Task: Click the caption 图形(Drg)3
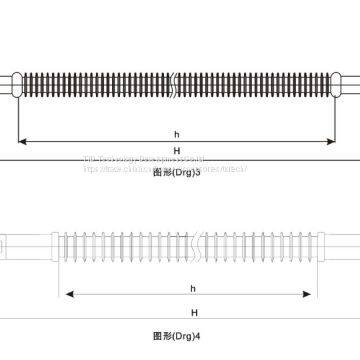point(178,172)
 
